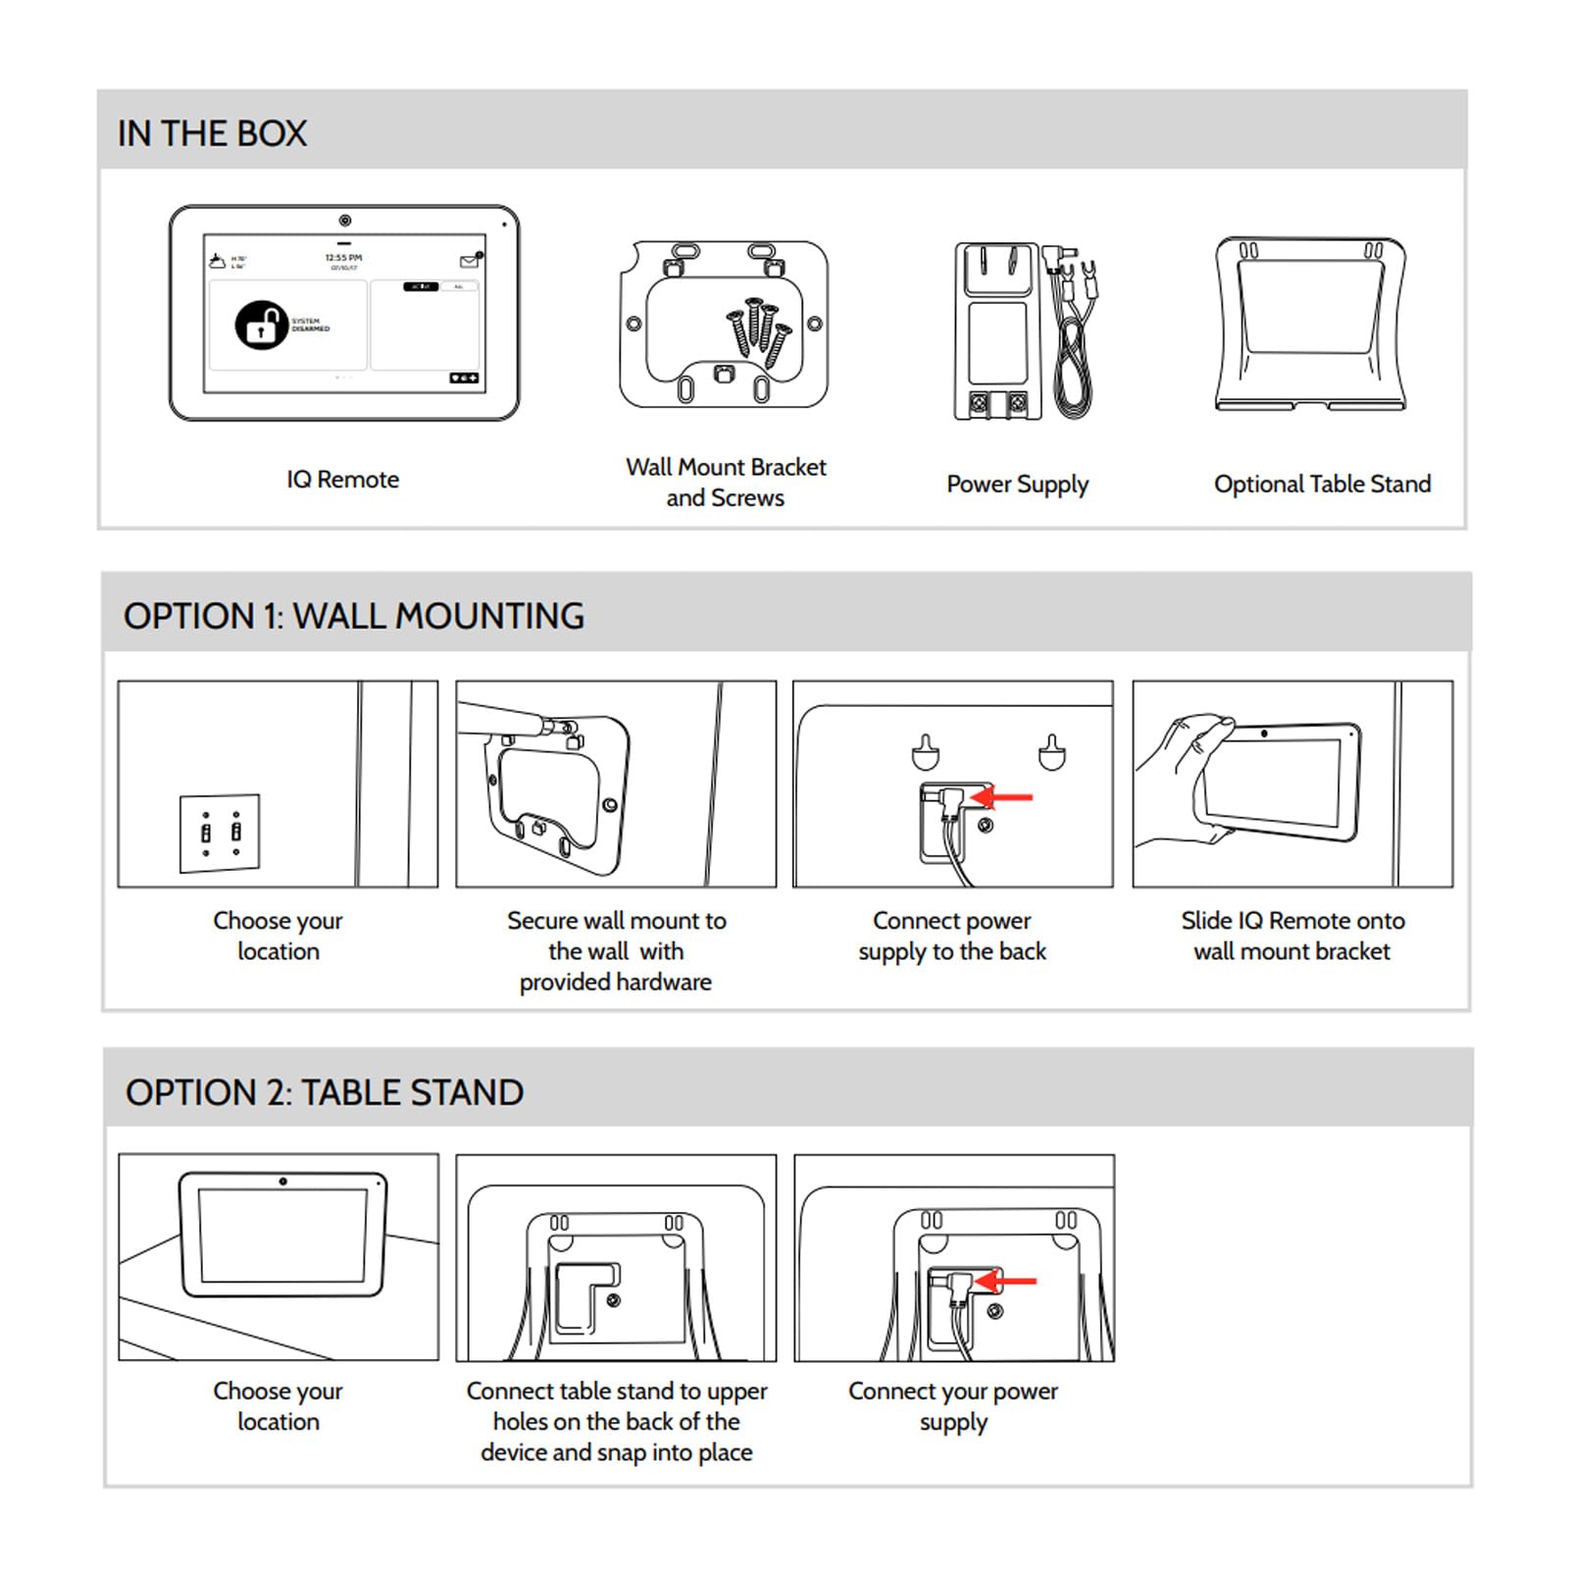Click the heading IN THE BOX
(x=212, y=133)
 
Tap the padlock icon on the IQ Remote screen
(x=261, y=325)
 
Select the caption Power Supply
(x=1017, y=484)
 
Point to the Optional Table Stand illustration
(x=1310, y=324)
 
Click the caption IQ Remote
(x=342, y=480)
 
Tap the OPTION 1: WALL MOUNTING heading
(x=353, y=616)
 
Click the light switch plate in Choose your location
(x=220, y=833)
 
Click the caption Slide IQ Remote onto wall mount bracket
(x=1291, y=936)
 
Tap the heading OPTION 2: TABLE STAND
(x=324, y=1092)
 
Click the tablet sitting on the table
(x=282, y=1234)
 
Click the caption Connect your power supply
(x=953, y=1405)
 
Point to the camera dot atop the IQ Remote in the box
(x=344, y=221)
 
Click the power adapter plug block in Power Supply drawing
(x=997, y=331)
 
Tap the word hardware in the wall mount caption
(x=663, y=982)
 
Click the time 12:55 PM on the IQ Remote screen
(x=343, y=258)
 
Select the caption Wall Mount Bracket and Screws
(x=726, y=481)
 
